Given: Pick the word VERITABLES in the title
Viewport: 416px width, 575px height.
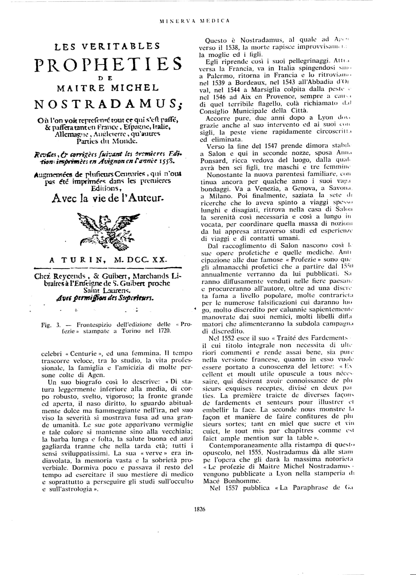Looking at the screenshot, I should [x=124, y=46].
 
